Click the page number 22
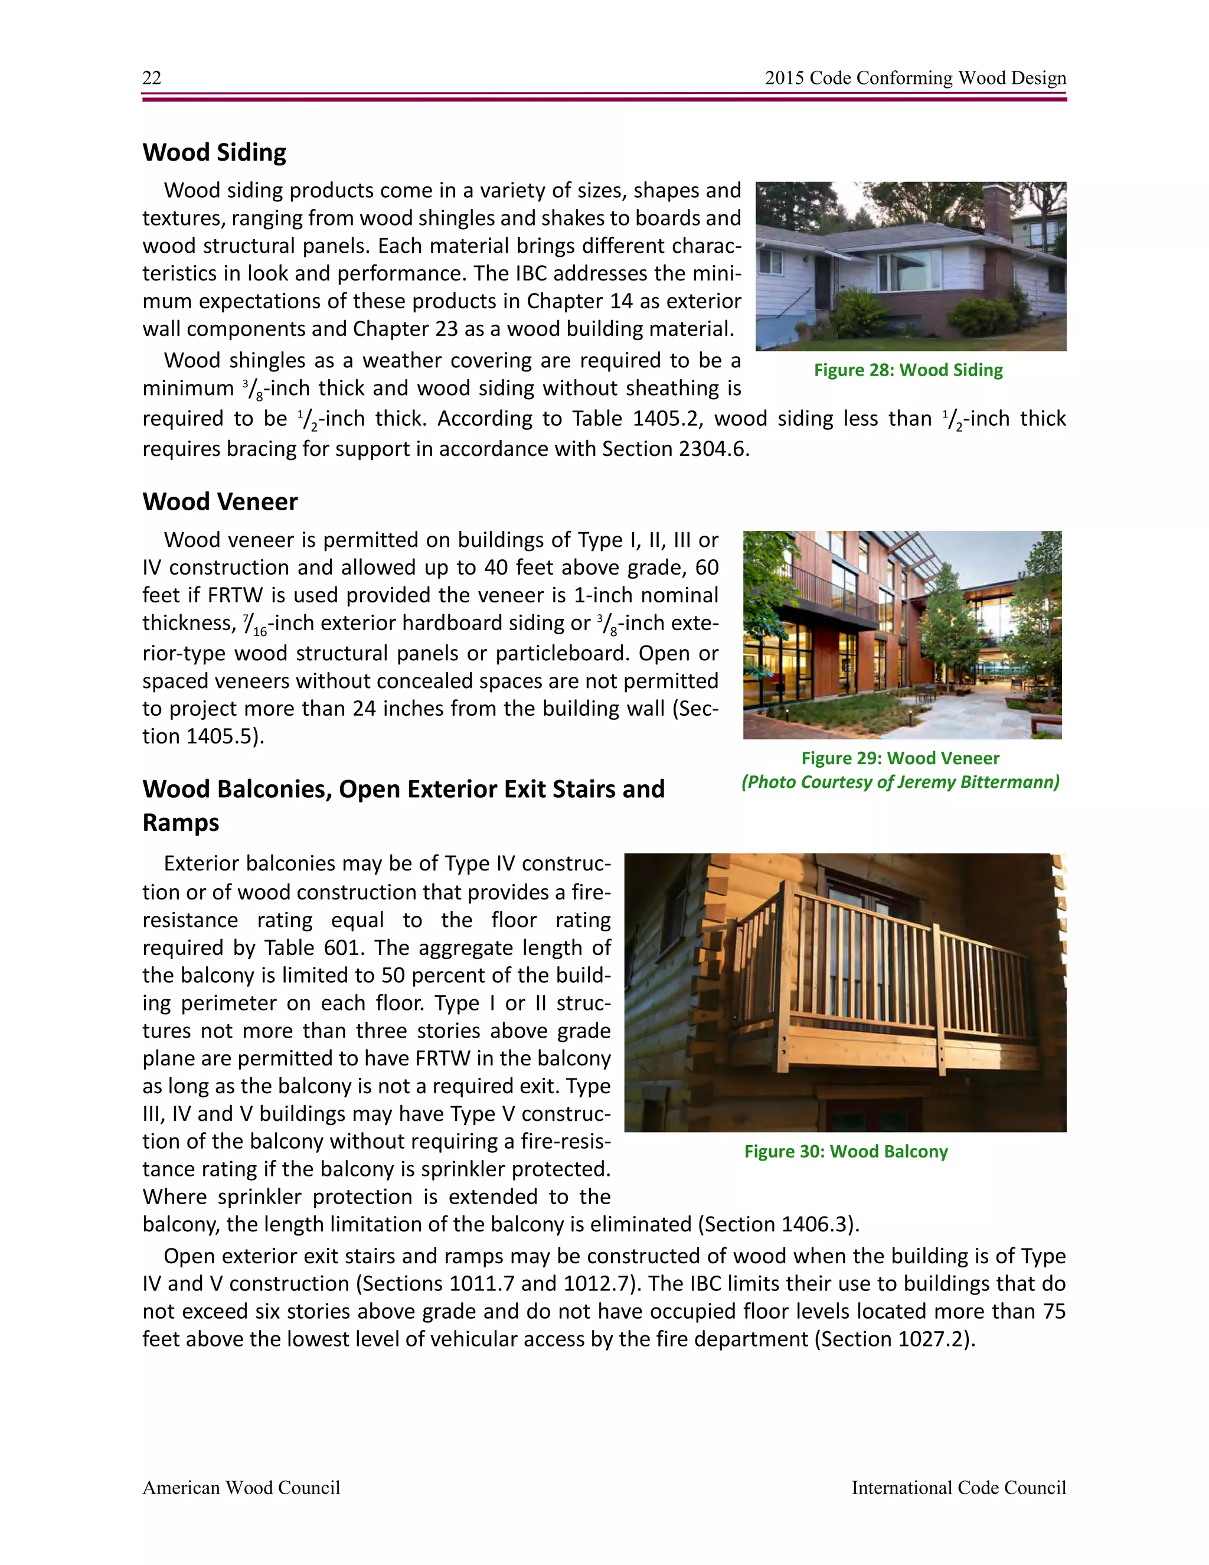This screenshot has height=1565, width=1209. (152, 78)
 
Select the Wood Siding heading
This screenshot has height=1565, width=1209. (214, 152)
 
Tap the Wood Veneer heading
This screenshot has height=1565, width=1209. (220, 501)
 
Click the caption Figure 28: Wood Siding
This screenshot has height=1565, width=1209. (907, 370)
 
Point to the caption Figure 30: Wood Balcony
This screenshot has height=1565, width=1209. (845, 1152)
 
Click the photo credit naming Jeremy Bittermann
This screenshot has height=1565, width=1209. (900, 782)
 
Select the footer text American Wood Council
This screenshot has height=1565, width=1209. (241, 1488)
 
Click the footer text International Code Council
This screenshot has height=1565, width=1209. (958, 1488)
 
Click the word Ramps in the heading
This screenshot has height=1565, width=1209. (181, 823)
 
